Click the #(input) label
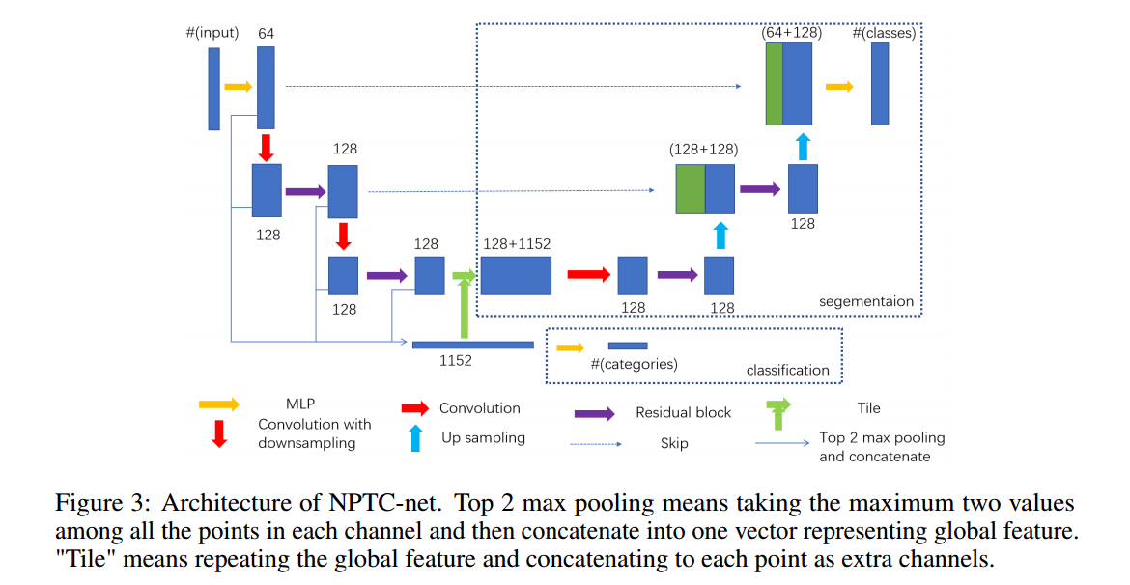(212, 34)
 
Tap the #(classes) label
(883, 33)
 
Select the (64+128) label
(791, 32)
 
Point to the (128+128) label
(703, 150)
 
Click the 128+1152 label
(518, 244)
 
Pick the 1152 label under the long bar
(456, 360)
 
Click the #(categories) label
(634, 364)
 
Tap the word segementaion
(865, 301)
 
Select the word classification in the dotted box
(787, 370)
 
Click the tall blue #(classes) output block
(880, 84)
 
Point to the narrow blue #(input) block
(213, 89)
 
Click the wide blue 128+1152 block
(516, 275)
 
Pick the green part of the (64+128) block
(774, 84)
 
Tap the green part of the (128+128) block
(690, 188)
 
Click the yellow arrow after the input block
(238, 87)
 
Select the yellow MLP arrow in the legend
(218, 406)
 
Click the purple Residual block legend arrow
(595, 413)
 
